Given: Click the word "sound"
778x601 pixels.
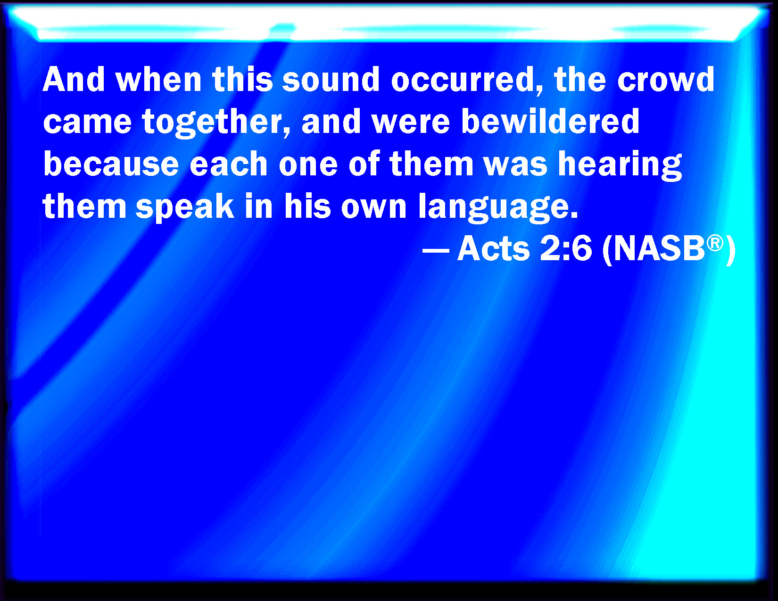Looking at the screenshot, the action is [x=331, y=79].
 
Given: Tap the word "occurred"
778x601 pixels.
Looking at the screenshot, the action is [x=467, y=80].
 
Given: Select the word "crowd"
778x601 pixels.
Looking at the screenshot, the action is [x=666, y=79].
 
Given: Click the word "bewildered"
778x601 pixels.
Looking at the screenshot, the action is [x=550, y=121].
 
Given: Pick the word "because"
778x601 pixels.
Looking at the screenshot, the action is [x=111, y=164].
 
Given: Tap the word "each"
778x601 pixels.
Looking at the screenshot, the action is [x=228, y=164].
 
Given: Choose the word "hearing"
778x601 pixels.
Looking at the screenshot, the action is [x=620, y=165].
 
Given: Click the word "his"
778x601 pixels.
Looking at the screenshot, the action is [x=307, y=206].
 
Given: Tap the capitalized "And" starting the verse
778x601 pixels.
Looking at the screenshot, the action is [x=74, y=79].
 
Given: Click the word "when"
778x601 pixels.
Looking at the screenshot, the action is [x=158, y=79].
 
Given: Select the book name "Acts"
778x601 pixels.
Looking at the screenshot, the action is [x=493, y=249].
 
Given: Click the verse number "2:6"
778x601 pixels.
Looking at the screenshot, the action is [x=566, y=249].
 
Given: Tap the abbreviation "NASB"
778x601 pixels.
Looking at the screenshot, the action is [x=659, y=249].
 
